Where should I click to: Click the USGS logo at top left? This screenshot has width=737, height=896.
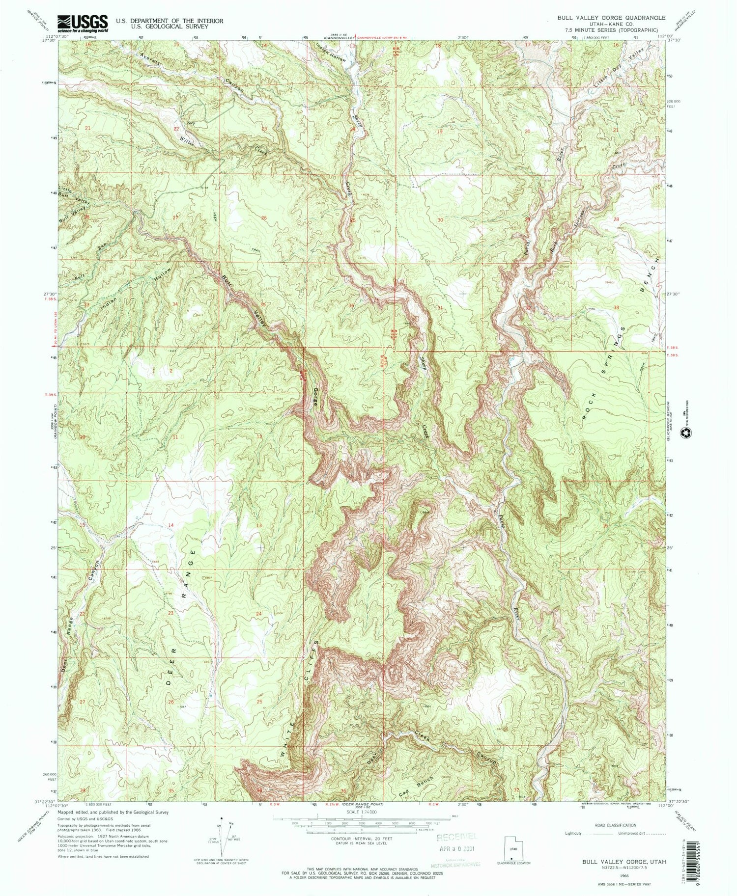83,23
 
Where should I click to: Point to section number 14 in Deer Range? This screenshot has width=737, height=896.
171,525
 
